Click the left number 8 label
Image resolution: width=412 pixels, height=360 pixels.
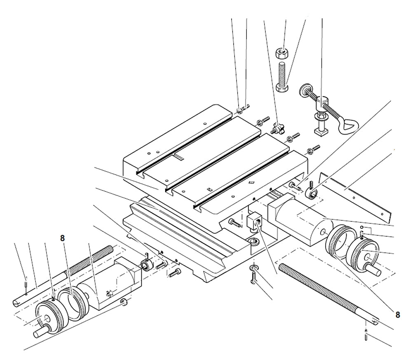coord(62,238)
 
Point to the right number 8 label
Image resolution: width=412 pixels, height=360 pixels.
coord(397,315)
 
